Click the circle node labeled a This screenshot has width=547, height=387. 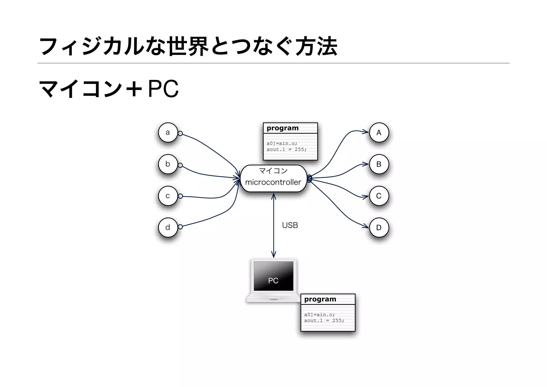tap(168, 133)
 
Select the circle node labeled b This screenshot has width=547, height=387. tap(168, 164)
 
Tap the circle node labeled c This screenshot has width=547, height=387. tap(168, 196)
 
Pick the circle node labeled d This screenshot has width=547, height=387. tap(168, 227)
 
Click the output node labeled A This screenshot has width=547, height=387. tap(379, 133)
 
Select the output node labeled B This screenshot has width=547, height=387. tap(379, 164)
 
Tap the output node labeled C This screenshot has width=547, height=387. tap(379, 196)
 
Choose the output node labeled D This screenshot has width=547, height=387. tap(379, 227)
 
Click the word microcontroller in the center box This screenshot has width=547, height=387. tap(273, 182)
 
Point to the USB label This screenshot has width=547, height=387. tap(290, 225)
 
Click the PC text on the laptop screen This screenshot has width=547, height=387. tap(273, 281)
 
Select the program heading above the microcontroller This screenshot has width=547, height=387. tap(283, 128)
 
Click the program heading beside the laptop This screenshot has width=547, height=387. tap(320, 299)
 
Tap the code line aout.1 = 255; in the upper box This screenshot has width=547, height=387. tap(287, 149)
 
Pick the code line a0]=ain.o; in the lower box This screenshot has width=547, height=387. tap(319, 315)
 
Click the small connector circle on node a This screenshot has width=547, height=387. tap(180, 133)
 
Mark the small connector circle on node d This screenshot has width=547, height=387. tap(180, 227)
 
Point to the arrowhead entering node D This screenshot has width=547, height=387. tap(366, 226)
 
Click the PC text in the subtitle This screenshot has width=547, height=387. tap(163, 89)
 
